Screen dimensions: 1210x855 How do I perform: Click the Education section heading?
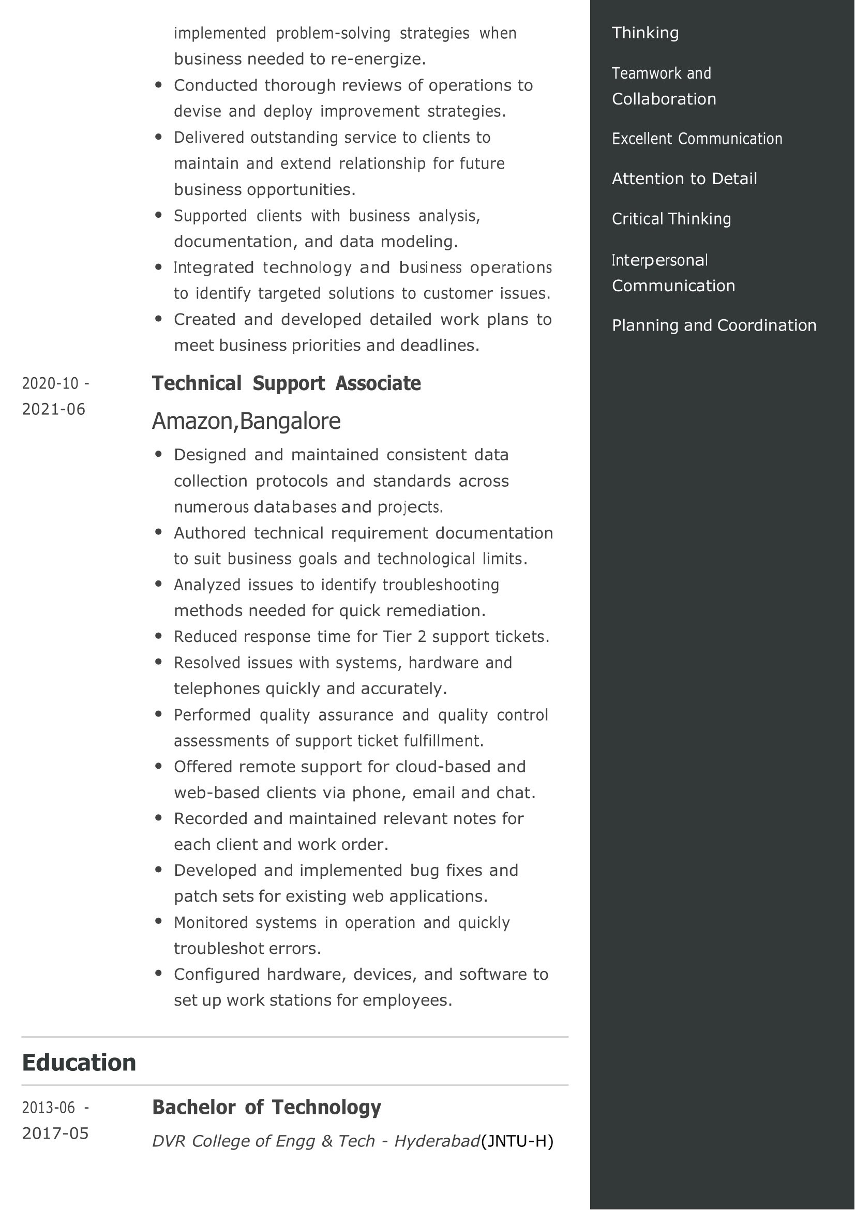[79, 1063]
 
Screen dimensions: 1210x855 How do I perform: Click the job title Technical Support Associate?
[286, 383]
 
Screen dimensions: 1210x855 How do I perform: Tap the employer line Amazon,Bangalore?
[246, 421]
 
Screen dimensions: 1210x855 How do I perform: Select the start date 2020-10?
[50, 383]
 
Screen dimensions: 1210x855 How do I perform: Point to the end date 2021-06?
[53, 409]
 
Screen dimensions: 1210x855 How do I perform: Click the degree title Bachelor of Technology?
[266, 1107]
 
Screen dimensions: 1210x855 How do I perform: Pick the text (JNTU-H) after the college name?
[517, 1141]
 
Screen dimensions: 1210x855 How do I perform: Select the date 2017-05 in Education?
[55, 1133]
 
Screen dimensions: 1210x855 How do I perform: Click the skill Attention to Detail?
[684, 178]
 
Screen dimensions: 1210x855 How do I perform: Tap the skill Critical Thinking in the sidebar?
[671, 219]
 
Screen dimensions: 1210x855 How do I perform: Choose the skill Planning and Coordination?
[714, 325]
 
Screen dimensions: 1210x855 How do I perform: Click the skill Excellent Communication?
[696, 139]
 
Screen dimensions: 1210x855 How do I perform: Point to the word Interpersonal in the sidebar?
[659, 260]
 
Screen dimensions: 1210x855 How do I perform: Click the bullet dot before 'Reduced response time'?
[159, 636]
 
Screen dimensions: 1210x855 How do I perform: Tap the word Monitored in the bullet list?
[211, 923]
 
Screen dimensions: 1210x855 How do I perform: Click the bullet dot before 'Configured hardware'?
[159, 974]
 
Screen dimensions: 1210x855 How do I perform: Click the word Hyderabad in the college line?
[437, 1141]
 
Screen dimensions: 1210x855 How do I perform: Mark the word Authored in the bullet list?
[209, 533]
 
